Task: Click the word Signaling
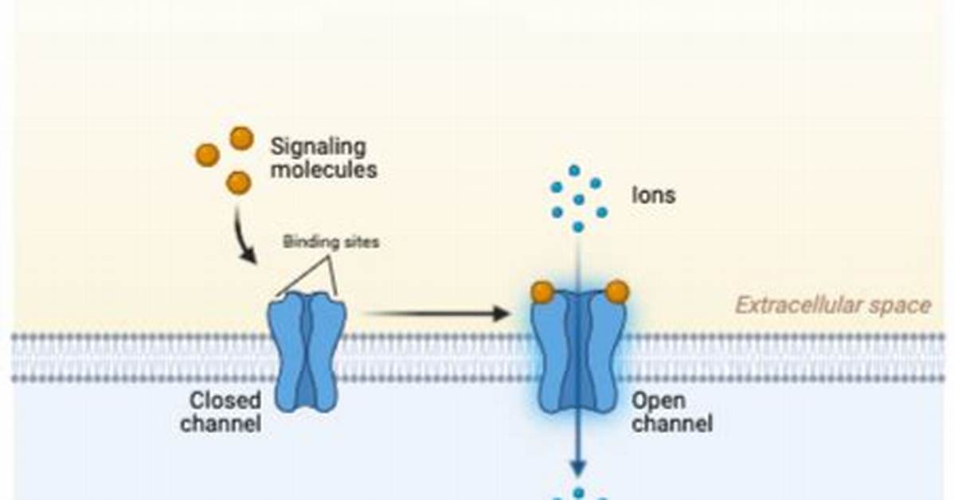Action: pyautogui.click(x=319, y=148)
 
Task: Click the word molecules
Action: pyautogui.click(x=323, y=170)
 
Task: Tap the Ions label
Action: pyautogui.click(x=654, y=195)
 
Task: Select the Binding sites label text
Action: pyautogui.click(x=331, y=242)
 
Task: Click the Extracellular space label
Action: pyautogui.click(x=833, y=305)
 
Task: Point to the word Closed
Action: pyautogui.click(x=225, y=400)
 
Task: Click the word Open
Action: pyautogui.click(x=659, y=400)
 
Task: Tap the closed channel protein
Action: pyautogui.click(x=307, y=352)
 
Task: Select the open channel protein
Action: pyautogui.click(x=578, y=353)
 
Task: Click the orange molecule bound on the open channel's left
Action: pyautogui.click(x=542, y=292)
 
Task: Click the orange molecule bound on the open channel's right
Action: pyautogui.click(x=617, y=292)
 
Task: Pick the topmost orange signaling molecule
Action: pyautogui.click(x=241, y=139)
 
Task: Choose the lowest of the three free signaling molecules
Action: pyautogui.click(x=239, y=182)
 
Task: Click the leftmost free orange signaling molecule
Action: pyautogui.click(x=207, y=155)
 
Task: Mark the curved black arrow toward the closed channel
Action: pyautogui.click(x=241, y=237)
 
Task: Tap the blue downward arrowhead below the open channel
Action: pyautogui.click(x=578, y=468)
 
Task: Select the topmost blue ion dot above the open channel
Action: pyautogui.click(x=573, y=170)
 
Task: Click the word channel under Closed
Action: pyautogui.click(x=221, y=424)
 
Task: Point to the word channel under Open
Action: pyautogui.click(x=671, y=424)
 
